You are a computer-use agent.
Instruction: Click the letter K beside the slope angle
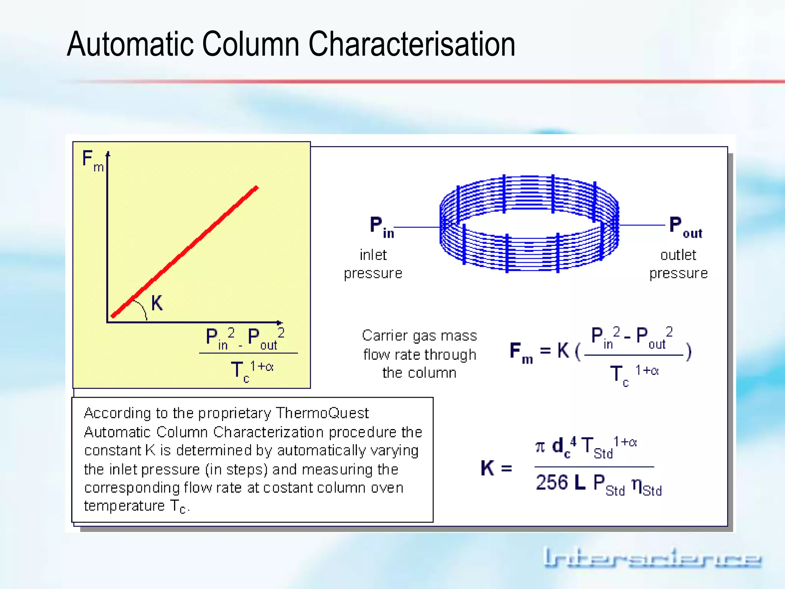pyautogui.click(x=157, y=303)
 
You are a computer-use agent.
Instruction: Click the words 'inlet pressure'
pyautogui.click(x=373, y=264)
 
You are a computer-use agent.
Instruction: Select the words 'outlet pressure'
pyautogui.click(x=678, y=264)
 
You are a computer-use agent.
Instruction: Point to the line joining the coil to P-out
pyautogui.click(x=642, y=225)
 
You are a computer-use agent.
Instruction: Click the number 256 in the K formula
pyautogui.click(x=552, y=482)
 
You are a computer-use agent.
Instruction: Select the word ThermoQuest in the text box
pyautogui.click(x=322, y=413)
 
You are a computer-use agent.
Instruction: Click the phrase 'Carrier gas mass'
pyautogui.click(x=419, y=336)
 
